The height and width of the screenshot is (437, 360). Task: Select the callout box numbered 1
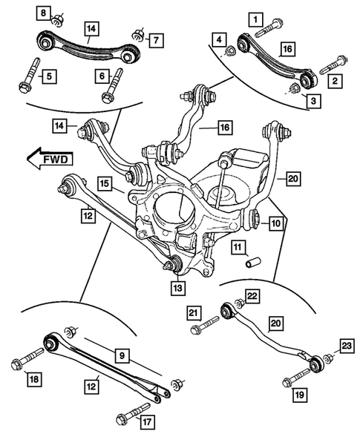pos(255,17)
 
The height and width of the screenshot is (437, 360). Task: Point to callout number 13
pos(177,287)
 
